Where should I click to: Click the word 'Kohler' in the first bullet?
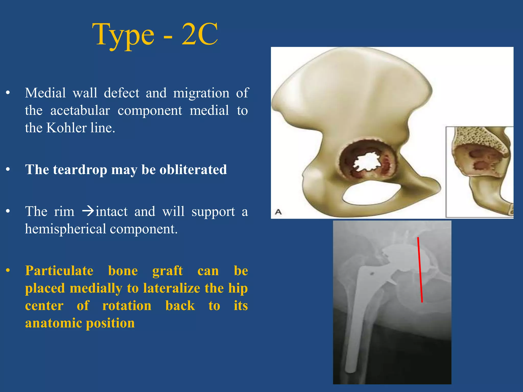click(x=66, y=128)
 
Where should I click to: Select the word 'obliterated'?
click(x=193, y=170)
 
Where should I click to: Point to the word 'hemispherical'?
click(x=65, y=229)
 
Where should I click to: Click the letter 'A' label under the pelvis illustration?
click(x=278, y=212)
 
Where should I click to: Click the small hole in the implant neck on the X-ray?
click(x=372, y=274)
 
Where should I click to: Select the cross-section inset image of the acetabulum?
click(x=479, y=172)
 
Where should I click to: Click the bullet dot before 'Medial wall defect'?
click(x=8, y=93)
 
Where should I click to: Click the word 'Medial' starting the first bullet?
click(x=45, y=93)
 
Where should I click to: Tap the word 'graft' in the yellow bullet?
click(x=168, y=271)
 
